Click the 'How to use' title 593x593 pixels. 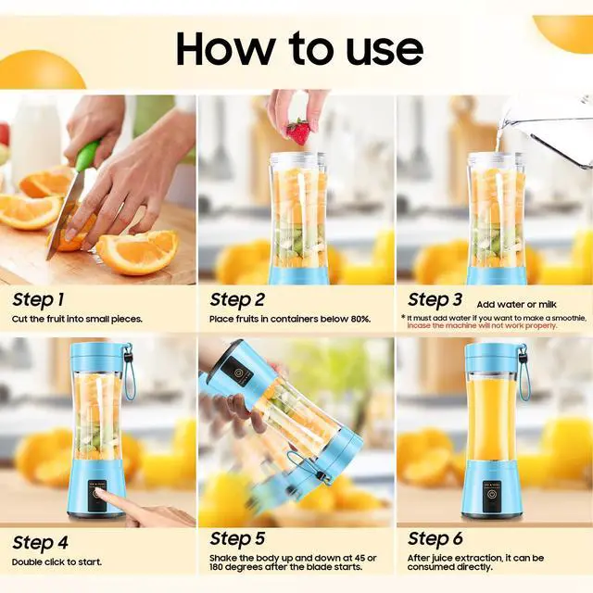(298, 47)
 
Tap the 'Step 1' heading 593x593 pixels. (38, 299)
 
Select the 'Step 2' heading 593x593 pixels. (237, 299)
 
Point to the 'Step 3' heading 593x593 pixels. (435, 299)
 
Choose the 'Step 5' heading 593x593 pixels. (237, 538)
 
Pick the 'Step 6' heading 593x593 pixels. (435, 538)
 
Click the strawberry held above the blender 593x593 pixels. (298, 132)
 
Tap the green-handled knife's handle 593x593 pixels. (86, 157)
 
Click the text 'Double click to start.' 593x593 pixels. (57, 561)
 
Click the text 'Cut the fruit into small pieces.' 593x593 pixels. (78, 319)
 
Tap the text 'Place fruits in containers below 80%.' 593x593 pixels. (290, 319)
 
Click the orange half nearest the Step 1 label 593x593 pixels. (138, 251)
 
